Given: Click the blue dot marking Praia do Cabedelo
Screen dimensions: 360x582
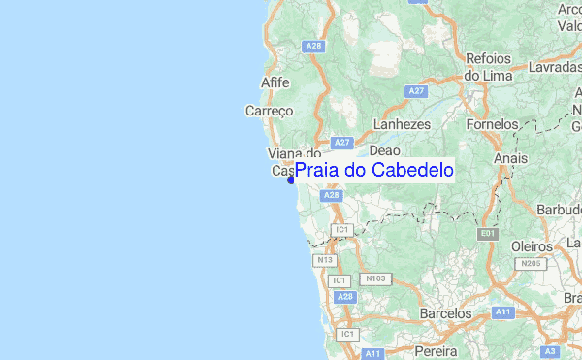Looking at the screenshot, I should [291, 180].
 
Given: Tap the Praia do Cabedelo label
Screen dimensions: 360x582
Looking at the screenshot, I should [373, 171].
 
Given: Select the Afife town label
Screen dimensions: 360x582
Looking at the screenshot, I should [275, 82].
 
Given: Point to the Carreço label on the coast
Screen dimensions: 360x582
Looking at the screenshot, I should [269, 111].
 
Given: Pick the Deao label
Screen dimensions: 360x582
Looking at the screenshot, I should [385, 151].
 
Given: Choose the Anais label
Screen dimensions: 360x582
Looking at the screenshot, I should [510, 157].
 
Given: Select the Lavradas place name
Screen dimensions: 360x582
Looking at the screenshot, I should [555, 68].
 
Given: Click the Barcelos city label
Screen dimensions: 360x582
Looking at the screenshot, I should [445, 314].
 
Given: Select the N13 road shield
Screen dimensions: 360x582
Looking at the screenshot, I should [324, 260].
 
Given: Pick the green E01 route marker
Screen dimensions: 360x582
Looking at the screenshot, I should [487, 234].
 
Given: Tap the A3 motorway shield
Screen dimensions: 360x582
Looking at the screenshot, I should [551, 350].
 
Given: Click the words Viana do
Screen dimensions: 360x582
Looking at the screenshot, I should [294, 153].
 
